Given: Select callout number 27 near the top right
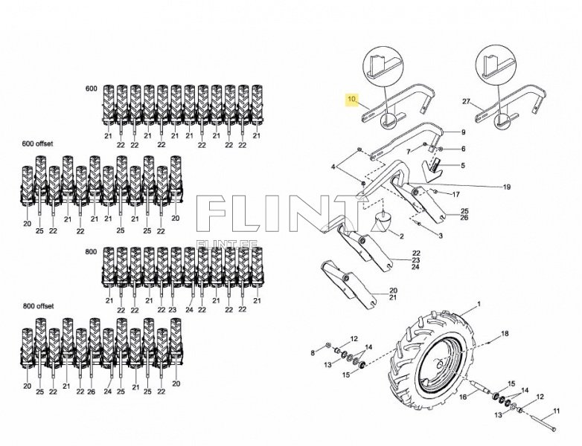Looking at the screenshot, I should click(x=467, y=101).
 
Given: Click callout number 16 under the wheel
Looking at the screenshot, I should click(x=461, y=398).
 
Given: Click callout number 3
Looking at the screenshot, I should click(x=440, y=236).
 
